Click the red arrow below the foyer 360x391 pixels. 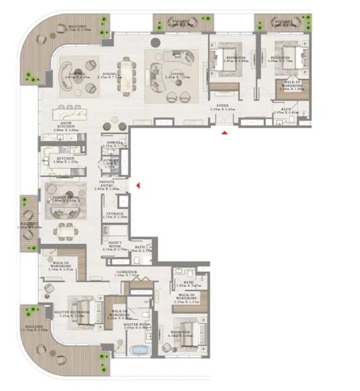point(224,133)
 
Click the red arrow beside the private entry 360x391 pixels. point(138,186)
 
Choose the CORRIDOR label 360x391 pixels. point(127,272)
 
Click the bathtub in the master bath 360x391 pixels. point(140,351)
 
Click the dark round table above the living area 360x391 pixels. point(157,41)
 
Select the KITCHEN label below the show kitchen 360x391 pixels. point(65,158)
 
